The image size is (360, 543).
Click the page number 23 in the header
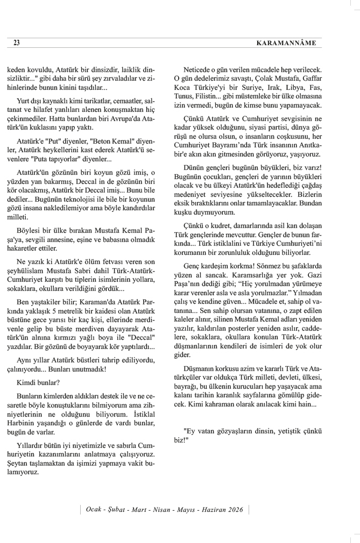click(17, 42)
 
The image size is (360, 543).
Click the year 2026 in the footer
click(235, 509)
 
